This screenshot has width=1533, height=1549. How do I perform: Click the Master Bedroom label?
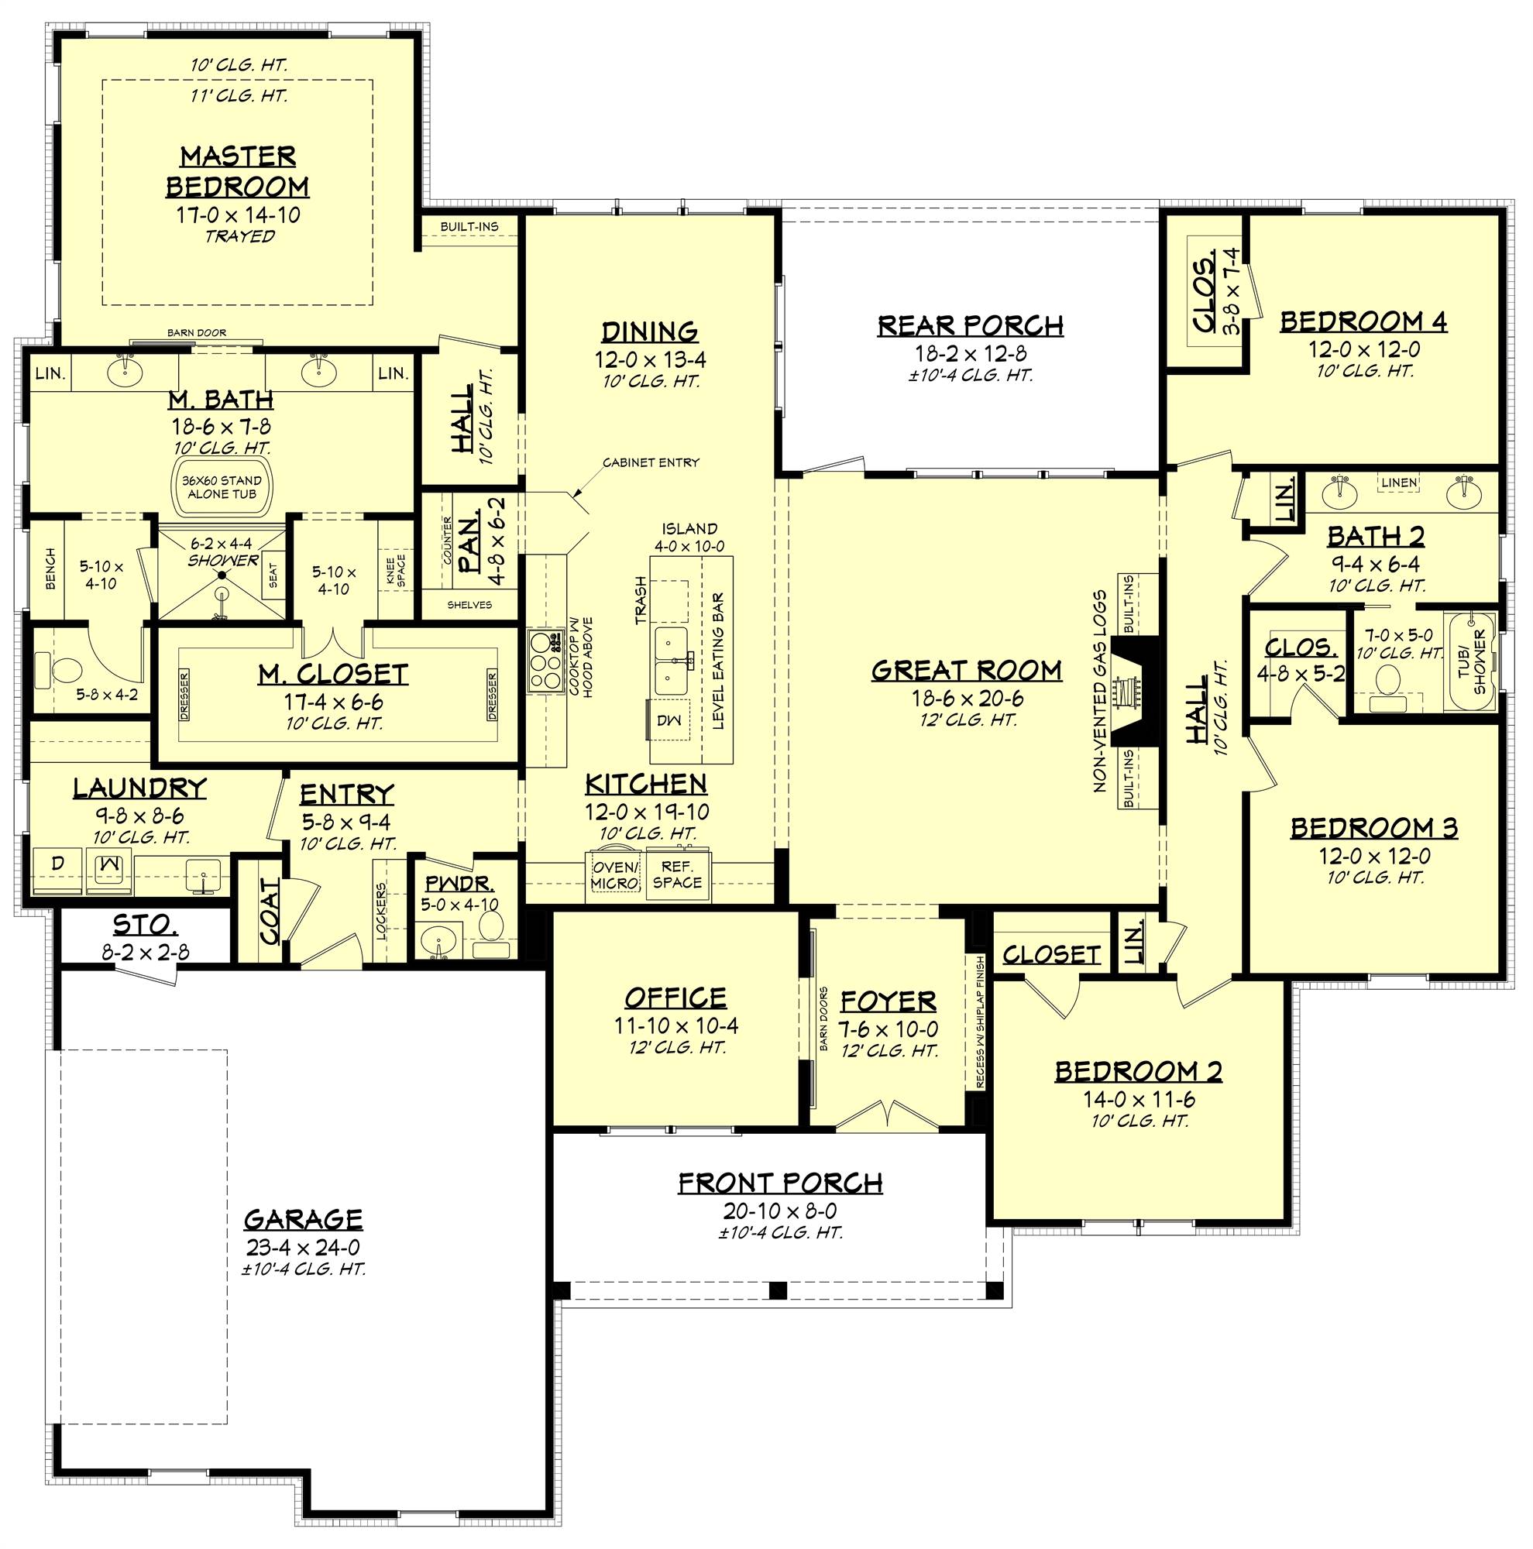click(x=237, y=170)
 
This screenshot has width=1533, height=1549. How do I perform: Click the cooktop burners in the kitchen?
click(x=545, y=661)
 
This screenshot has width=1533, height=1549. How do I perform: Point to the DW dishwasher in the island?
click(x=668, y=721)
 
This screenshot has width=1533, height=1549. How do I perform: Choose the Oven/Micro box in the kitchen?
click(x=616, y=874)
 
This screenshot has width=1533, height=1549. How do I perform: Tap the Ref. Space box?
click(x=678, y=874)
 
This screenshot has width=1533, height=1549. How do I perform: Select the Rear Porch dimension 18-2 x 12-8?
click(x=971, y=354)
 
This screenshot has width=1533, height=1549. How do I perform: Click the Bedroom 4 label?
click(x=1363, y=321)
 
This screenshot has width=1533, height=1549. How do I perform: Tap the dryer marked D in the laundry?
click(x=57, y=864)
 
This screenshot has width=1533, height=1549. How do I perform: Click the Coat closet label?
click(x=270, y=911)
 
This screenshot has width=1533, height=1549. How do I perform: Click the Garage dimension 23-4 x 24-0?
click(x=303, y=1248)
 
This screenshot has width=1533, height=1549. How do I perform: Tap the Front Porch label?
click(x=780, y=1183)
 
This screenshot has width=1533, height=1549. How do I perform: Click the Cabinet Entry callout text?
click(x=651, y=462)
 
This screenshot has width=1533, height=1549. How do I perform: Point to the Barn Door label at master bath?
click(x=197, y=333)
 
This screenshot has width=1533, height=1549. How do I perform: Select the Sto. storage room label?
click(x=145, y=926)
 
